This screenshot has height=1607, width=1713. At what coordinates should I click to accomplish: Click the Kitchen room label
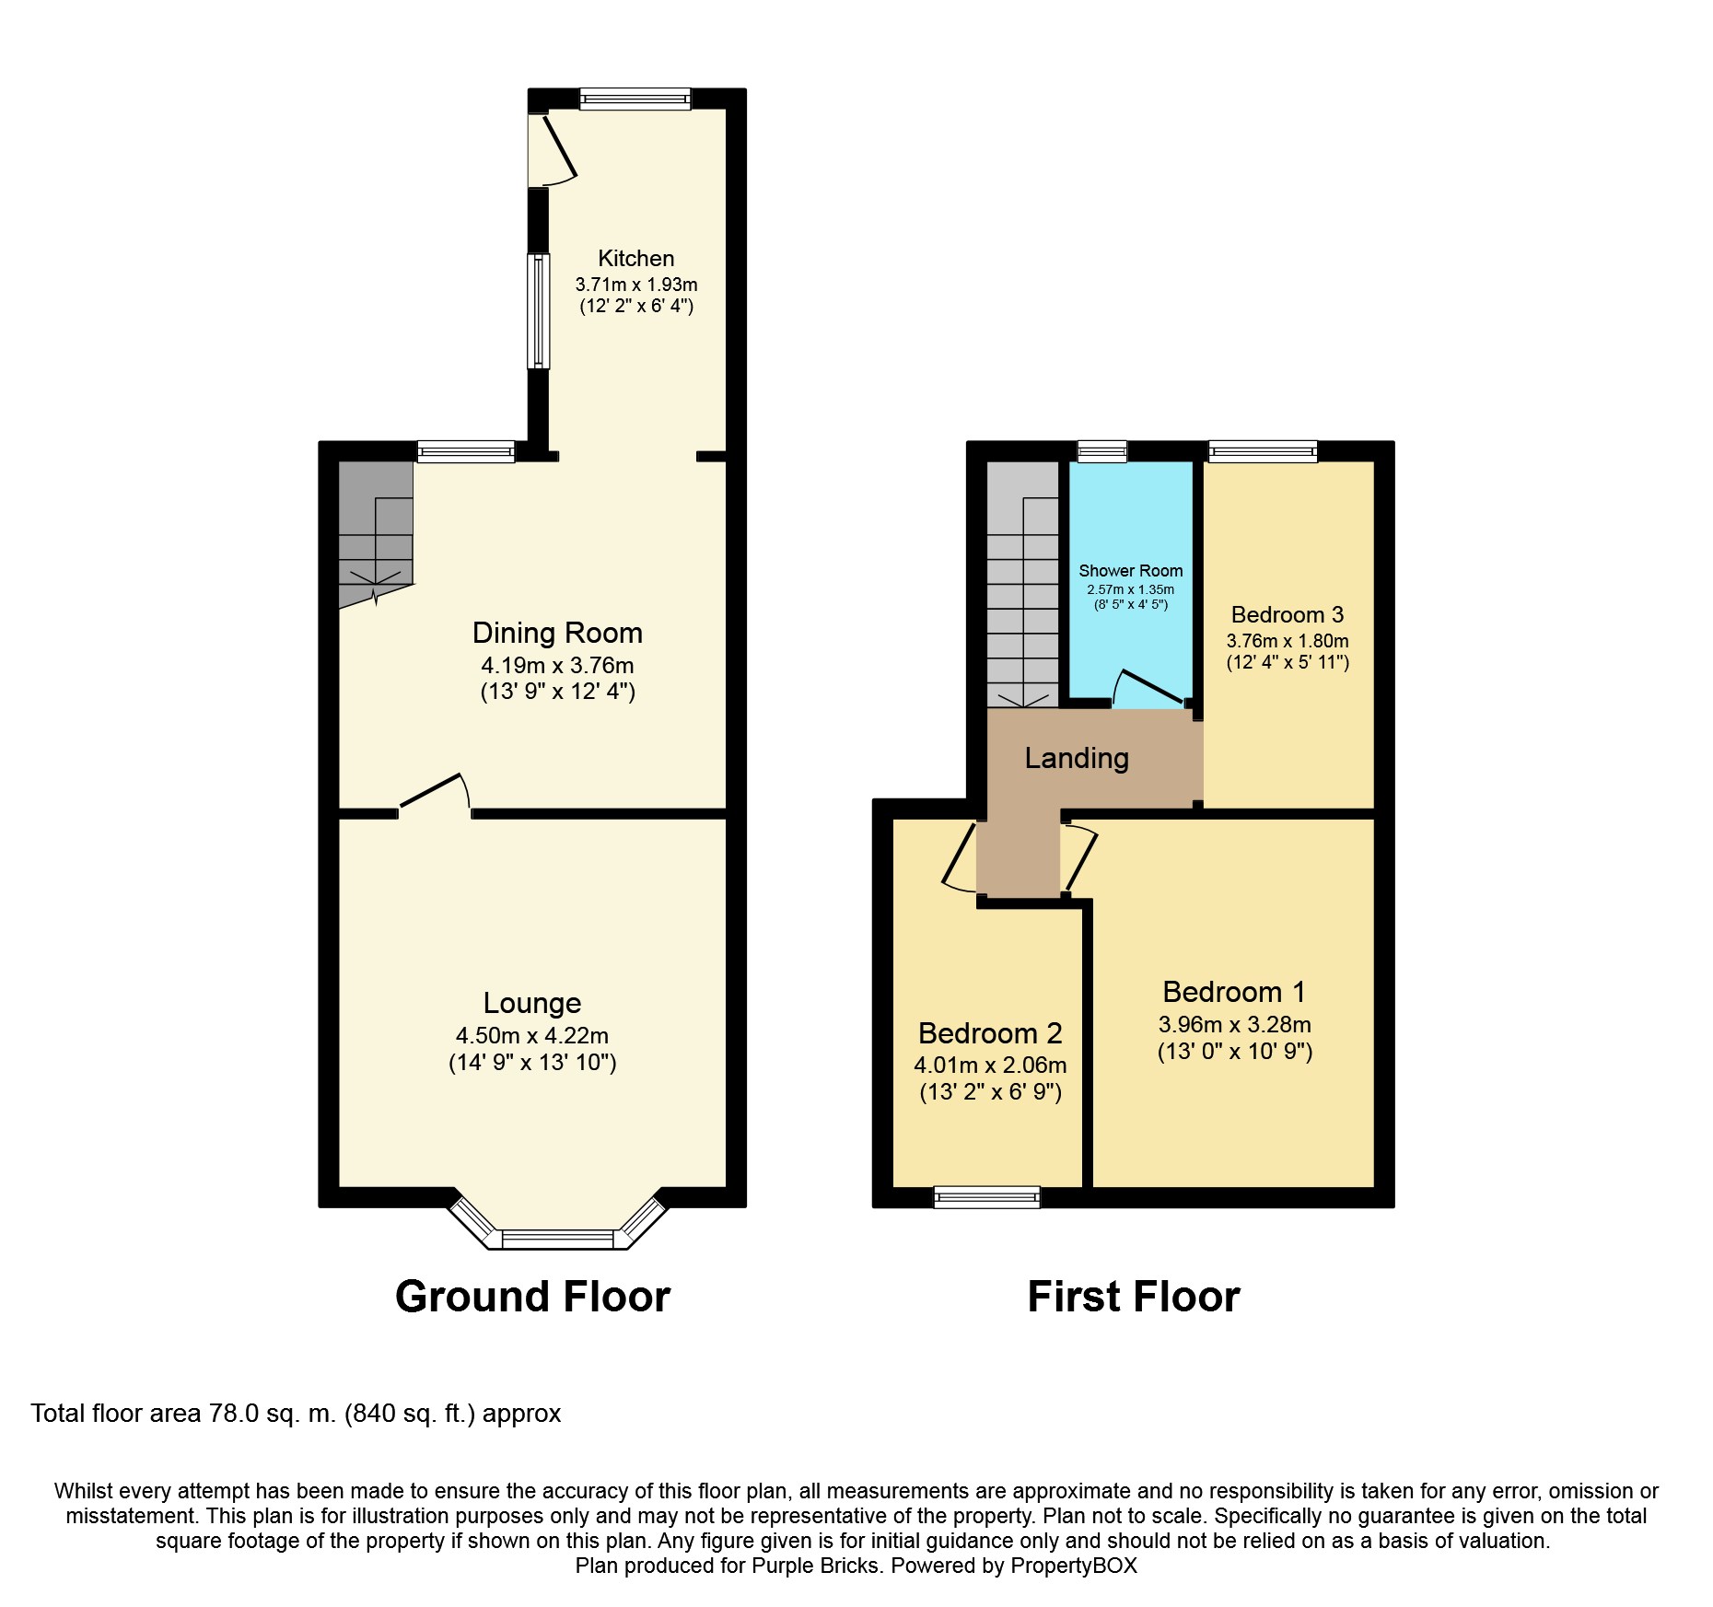[635, 259]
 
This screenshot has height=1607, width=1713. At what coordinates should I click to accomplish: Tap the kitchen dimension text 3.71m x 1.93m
[635, 285]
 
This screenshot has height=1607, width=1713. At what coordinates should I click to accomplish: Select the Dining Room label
[557, 633]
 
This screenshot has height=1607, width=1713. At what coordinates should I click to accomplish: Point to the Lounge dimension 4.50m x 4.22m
[531, 1036]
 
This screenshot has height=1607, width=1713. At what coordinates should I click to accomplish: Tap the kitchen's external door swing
[557, 152]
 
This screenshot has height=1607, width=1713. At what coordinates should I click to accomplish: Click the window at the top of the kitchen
[635, 99]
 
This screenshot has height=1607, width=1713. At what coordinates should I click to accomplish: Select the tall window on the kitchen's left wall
[538, 311]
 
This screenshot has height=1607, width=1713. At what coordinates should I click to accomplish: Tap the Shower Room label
[1130, 571]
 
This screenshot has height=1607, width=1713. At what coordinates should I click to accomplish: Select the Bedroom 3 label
[1287, 615]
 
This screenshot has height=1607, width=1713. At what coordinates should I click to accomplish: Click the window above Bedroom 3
[1263, 451]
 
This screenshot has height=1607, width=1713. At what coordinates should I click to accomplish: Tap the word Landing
[1076, 758]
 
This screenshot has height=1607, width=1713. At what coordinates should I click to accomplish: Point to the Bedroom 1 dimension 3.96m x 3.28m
[1234, 1025]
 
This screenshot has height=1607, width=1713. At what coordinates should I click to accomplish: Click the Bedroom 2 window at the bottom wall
[986, 1197]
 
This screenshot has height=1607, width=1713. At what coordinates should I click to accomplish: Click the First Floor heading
[1133, 1297]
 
